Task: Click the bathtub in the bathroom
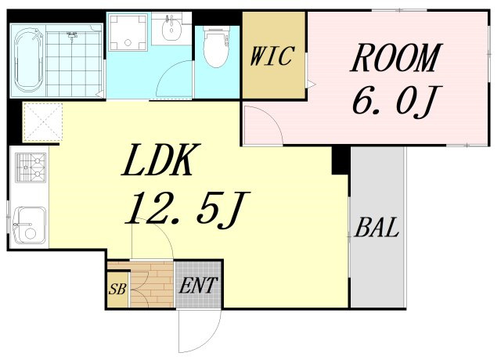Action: pyautogui.click(x=29, y=60)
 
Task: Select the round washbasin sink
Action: pyautogui.click(x=172, y=30)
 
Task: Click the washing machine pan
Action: pyautogui.click(x=128, y=32)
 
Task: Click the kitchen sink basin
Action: pyautogui.click(x=31, y=225)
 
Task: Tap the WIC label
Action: pyautogui.click(x=272, y=56)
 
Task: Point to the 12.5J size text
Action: pyautogui.click(x=186, y=209)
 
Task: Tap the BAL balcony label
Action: pyautogui.click(x=377, y=227)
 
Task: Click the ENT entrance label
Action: pyautogui.click(x=198, y=285)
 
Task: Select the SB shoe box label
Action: pyautogui.click(x=117, y=290)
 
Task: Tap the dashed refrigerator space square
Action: pyautogui.click(x=42, y=122)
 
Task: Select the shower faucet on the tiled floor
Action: pyautogui.click(x=73, y=34)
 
